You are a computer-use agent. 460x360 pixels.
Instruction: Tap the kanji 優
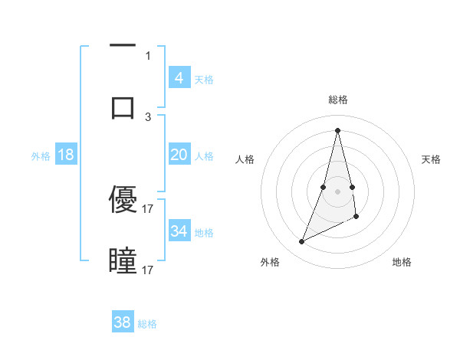(123, 200)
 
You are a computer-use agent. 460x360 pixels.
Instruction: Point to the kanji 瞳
(123, 261)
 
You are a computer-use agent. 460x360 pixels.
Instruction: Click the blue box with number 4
(179, 78)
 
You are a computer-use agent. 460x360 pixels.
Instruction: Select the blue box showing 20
(179, 155)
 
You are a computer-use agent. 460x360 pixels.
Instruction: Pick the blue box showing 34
(179, 231)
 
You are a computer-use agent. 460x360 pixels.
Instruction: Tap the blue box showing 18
(66, 155)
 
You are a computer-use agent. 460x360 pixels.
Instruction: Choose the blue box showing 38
(123, 322)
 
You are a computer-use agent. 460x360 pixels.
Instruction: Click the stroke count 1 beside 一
(148, 56)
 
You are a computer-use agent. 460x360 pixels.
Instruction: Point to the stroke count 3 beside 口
(148, 116)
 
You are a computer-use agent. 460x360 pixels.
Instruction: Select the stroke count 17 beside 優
(148, 208)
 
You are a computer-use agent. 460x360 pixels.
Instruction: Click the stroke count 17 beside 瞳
(148, 270)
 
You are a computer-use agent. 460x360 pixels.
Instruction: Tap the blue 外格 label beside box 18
(41, 155)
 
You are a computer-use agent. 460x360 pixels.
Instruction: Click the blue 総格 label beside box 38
(147, 323)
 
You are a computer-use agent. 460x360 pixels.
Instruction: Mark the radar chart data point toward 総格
(337, 129)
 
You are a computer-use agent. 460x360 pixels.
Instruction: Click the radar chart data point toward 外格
(301, 242)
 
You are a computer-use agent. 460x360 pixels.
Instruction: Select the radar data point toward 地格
(356, 217)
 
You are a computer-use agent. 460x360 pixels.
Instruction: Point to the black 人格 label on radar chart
(245, 159)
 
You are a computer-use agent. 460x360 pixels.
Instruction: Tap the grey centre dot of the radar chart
(337, 191)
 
